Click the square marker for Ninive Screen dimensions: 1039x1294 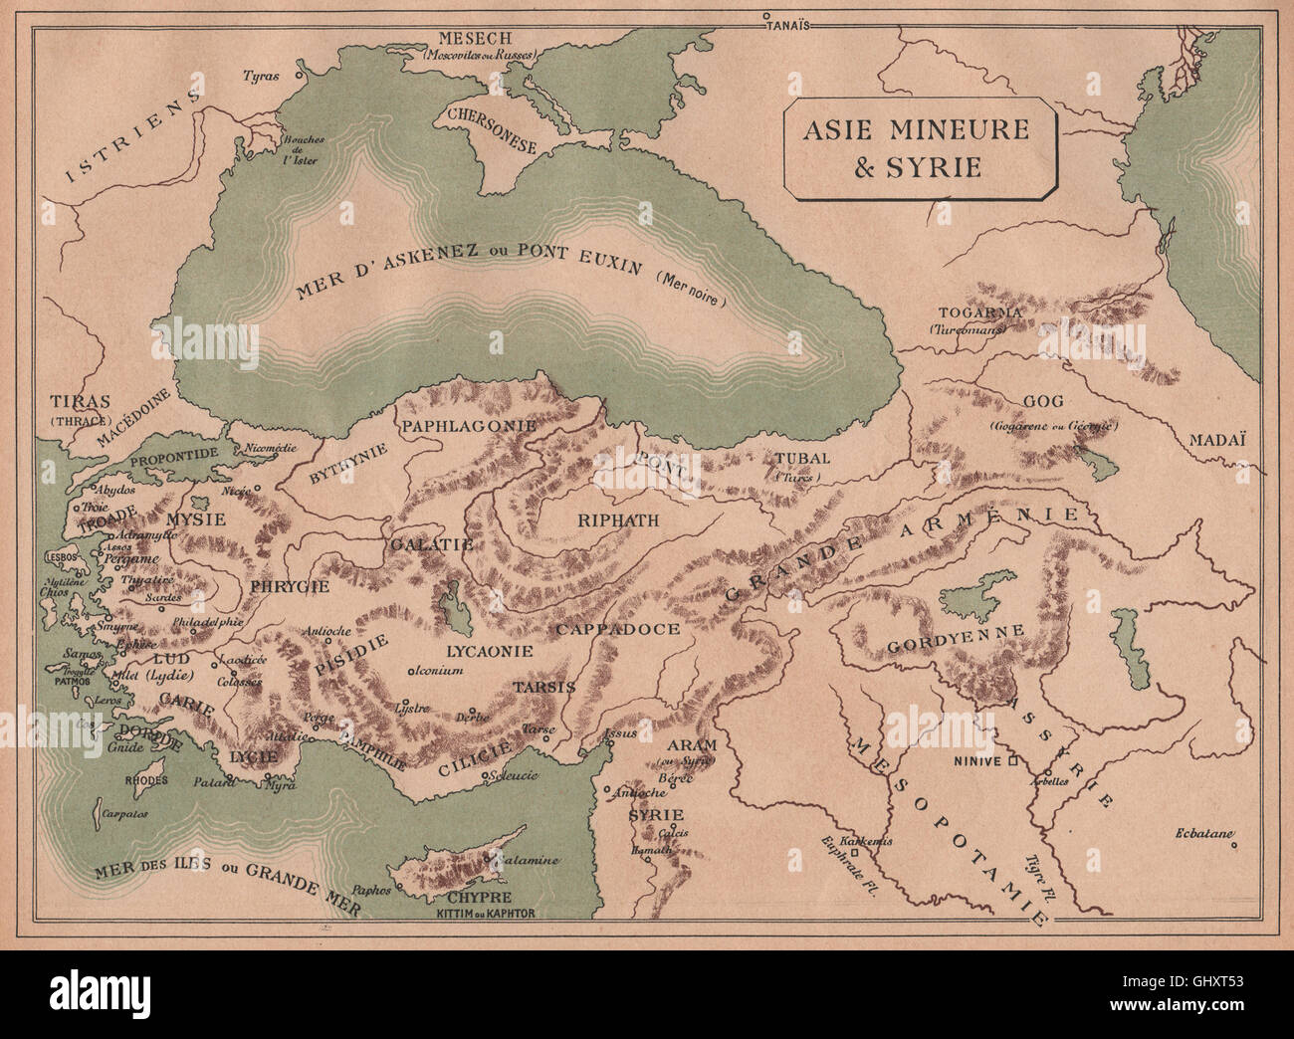tap(1012, 761)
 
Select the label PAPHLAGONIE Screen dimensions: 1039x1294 tap(469, 425)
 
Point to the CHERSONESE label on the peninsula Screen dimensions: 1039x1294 tap(493, 130)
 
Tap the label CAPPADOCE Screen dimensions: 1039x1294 tap(617, 629)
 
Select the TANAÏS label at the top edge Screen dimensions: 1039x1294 tap(790, 27)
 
